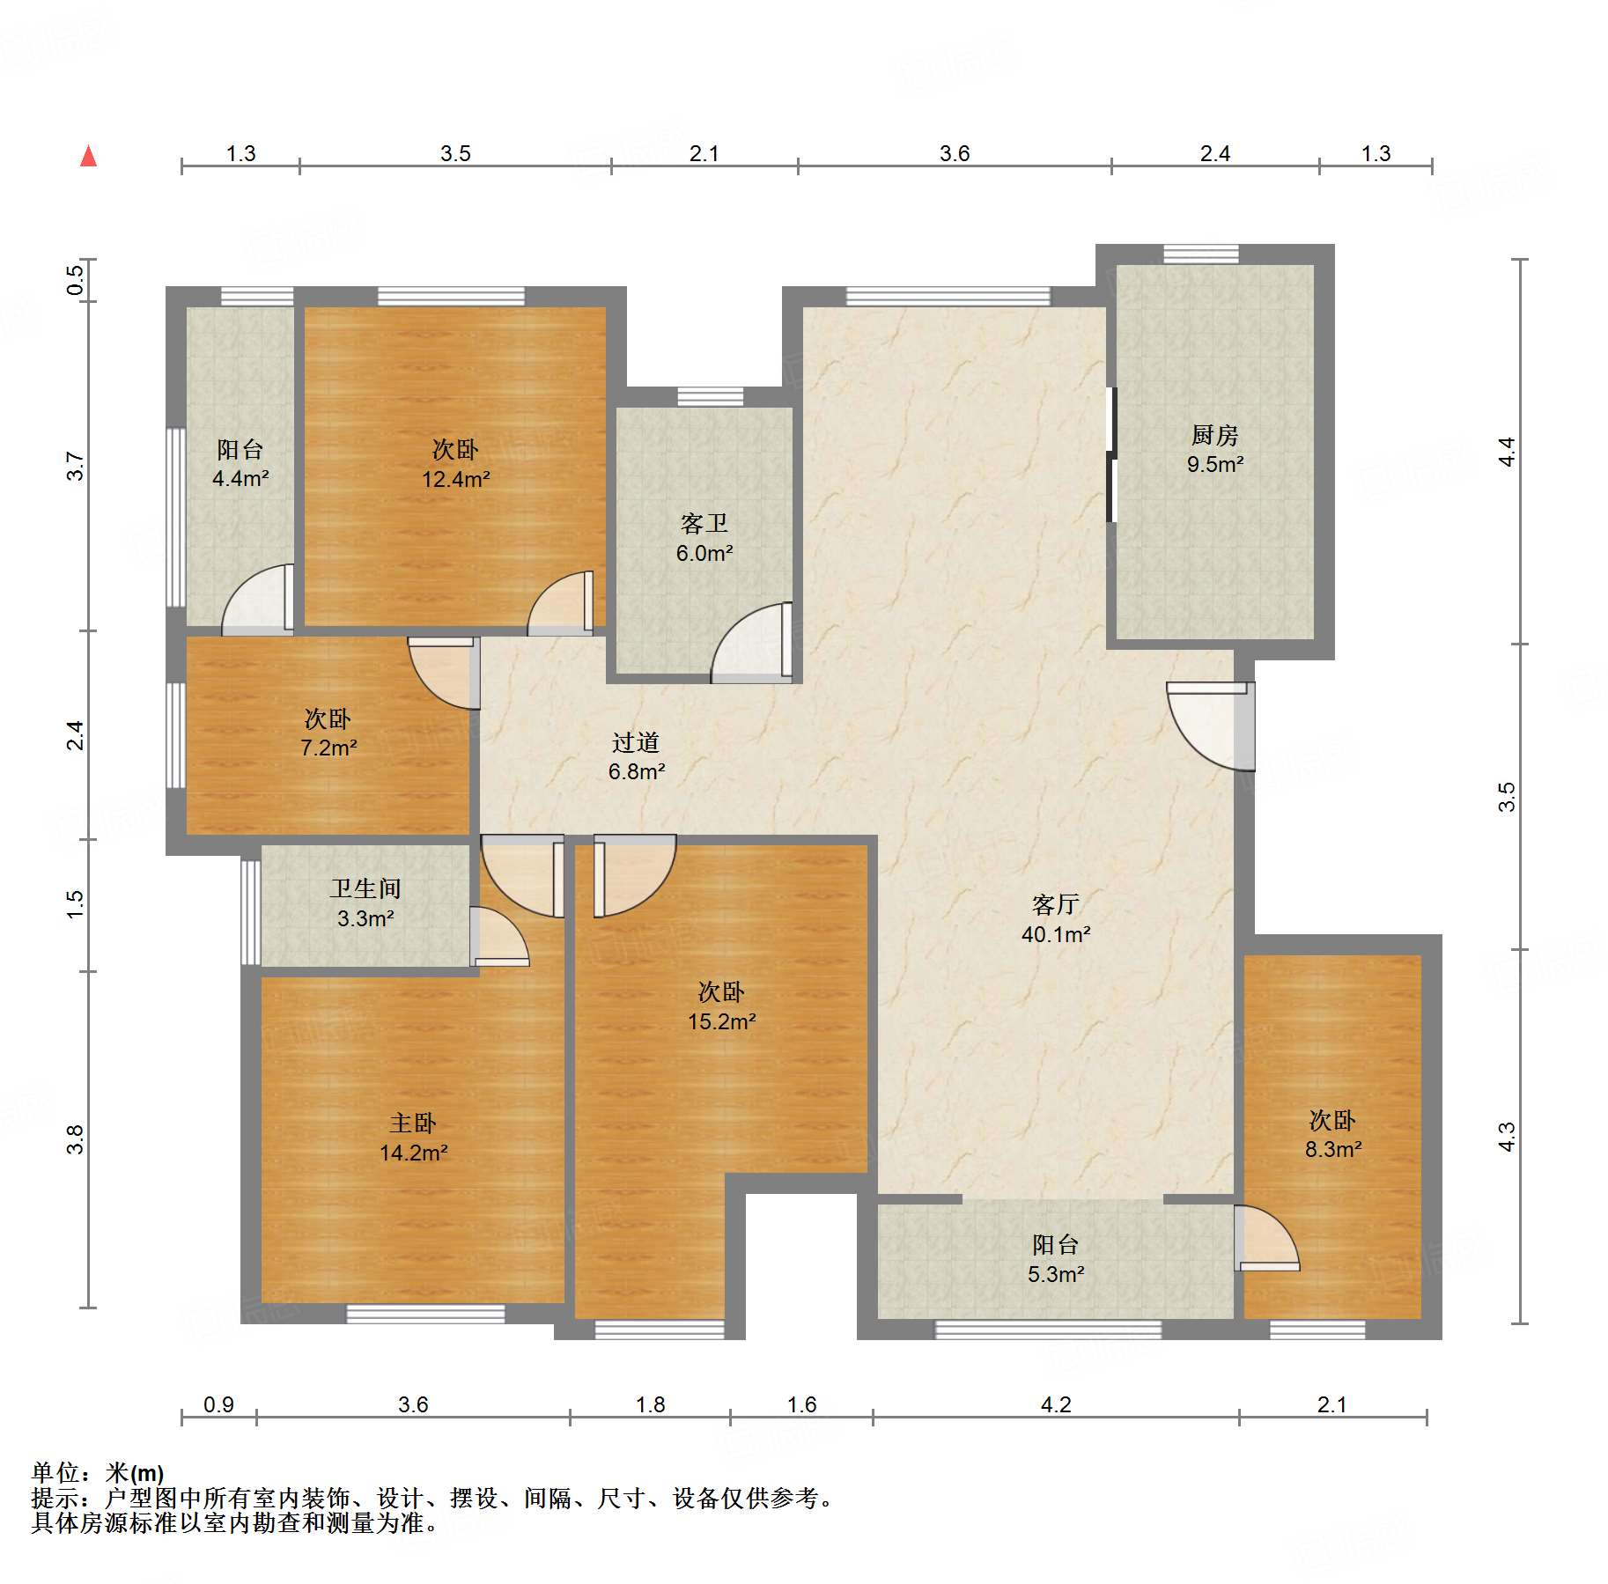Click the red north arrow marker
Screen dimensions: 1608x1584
tap(88, 156)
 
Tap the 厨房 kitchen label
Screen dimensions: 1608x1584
tap(1214, 435)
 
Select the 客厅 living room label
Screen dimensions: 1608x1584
tap(1055, 904)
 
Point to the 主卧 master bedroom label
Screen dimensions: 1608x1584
tap(413, 1123)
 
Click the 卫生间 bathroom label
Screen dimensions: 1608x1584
tap(365, 888)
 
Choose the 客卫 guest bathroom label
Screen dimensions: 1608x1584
tap(704, 524)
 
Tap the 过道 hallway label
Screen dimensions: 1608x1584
tap(636, 742)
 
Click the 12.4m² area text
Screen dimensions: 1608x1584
tap(455, 479)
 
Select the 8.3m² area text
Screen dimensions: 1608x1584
tap(1333, 1149)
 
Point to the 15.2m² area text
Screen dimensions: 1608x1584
tap(722, 1021)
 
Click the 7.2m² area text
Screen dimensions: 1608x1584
tap(328, 748)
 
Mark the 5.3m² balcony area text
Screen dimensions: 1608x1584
tap(1056, 1273)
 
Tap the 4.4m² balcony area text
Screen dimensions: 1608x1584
tap(240, 478)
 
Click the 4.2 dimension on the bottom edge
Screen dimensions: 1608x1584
tap(1056, 1404)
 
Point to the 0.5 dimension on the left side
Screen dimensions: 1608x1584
tap(75, 280)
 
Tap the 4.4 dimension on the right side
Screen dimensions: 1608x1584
tap(1507, 452)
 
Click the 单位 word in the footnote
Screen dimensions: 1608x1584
tap(55, 1472)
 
